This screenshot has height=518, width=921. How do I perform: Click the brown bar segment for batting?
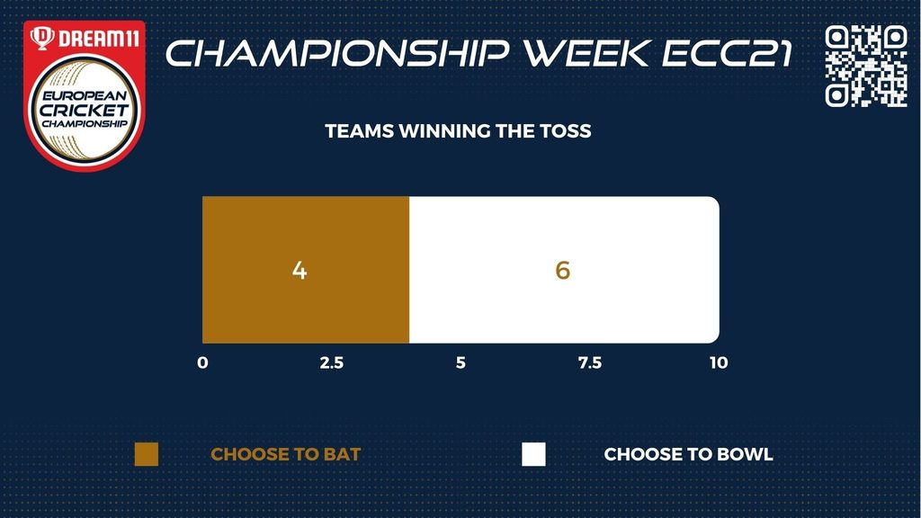point(306,270)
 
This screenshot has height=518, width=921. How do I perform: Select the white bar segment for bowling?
point(565,270)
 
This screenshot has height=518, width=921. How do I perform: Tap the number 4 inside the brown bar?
point(300,270)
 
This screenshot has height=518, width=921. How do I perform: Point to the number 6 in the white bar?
point(563,270)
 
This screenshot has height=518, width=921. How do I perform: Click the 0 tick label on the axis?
point(202,363)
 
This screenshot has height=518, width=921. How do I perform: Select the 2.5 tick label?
point(332,363)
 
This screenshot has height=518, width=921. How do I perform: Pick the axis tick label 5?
point(460,363)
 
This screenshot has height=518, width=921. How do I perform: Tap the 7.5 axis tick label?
point(590,363)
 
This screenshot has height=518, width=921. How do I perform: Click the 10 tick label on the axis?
point(719,363)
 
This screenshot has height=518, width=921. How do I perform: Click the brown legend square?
point(147,454)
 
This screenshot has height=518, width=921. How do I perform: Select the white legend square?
point(533,454)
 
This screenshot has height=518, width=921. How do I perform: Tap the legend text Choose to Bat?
point(285,454)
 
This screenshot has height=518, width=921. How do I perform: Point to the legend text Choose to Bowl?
point(688,454)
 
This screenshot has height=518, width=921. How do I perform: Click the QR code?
point(866,66)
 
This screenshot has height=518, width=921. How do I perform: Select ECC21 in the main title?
point(727,53)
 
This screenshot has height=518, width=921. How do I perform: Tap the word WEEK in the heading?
point(588,53)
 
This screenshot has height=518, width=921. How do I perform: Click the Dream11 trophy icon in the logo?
point(42,38)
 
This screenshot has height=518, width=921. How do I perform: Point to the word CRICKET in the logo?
point(84,110)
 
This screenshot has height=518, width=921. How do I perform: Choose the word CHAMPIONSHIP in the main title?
point(338,53)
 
